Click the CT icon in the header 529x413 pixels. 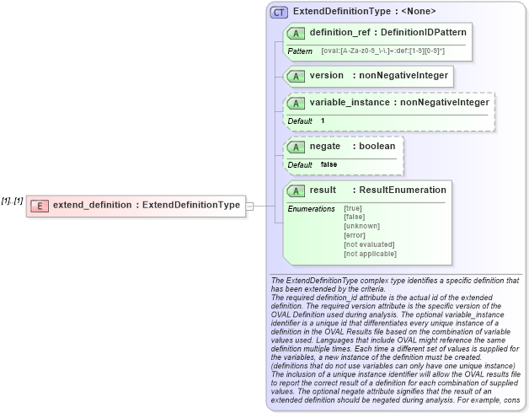280,12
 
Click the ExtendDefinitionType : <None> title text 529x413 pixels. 364,12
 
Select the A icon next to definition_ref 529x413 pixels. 296,33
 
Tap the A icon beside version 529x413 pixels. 296,76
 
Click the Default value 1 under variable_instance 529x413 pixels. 323,121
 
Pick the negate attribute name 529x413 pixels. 325,146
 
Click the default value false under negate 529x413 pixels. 329,164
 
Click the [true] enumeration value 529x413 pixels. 353,208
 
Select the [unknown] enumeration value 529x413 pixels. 361,226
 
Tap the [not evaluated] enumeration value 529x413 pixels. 369,244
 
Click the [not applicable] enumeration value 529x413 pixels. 370,254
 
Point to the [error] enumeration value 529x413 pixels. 355,235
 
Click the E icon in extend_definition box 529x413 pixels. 38,205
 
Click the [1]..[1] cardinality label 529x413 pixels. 12,201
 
